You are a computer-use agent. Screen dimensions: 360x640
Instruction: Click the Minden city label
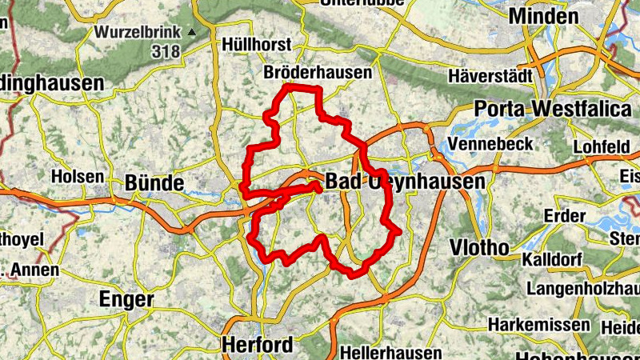[544, 16]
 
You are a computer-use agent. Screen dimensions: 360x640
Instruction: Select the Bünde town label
[154, 183]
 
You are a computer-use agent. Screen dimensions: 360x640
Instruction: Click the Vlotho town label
[479, 246]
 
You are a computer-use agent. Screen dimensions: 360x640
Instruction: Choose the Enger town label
[126, 299]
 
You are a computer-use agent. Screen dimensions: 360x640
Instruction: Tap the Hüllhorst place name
[258, 44]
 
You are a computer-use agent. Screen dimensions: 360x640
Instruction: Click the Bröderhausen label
[318, 73]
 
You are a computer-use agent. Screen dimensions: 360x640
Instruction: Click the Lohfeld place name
[602, 148]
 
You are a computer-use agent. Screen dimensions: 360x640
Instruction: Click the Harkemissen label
[539, 326]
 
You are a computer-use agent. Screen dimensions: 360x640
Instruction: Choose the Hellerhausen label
[390, 352]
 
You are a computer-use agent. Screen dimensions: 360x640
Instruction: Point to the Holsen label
[77, 176]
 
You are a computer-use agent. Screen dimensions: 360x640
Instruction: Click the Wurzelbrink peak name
[139, 33]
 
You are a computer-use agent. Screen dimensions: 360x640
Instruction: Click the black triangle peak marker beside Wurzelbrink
[191, 33]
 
